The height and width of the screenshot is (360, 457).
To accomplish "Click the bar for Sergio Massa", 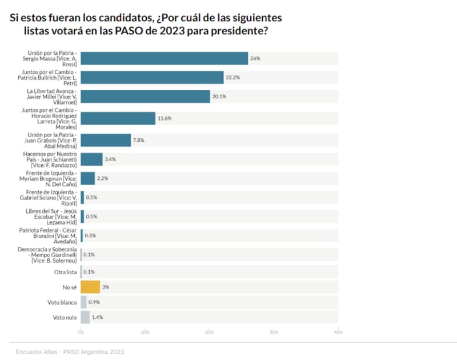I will tap(165, 58).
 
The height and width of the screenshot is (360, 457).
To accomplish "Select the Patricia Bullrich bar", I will tap(152, 77).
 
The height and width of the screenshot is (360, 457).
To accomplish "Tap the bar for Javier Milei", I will tap(145, 97).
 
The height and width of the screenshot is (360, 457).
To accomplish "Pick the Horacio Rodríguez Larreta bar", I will tap(118, 118).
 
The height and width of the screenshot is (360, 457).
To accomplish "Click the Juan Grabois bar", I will tap(106, 140).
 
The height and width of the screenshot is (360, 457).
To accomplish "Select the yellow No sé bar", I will tap(90, 287).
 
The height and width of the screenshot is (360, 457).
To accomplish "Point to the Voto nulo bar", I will tap(85, 317).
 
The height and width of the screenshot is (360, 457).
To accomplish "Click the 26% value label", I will tap(255, 58).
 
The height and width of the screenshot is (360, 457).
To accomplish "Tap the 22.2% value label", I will tap(232, 77).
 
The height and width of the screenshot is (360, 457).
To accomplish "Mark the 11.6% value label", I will tap(165, 118).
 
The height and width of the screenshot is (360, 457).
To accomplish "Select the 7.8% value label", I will tap(139, 140).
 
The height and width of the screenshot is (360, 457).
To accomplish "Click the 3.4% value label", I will tap(111, 159).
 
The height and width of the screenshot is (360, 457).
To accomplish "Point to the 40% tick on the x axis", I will tap(338, 332).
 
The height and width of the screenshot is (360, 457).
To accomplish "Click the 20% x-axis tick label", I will tap(210, 332).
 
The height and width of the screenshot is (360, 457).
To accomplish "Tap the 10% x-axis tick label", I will tap(145, 332).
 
